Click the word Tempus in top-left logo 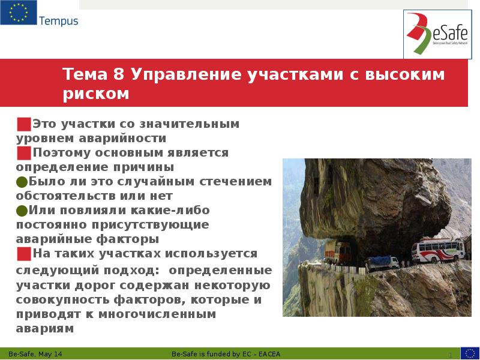coord(58,21)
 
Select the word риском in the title coord(95,94)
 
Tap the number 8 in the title coord(118,74)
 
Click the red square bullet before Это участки coord(23,124)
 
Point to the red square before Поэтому coord(23,153)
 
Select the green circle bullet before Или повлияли coord(22,211)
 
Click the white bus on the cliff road coord(437,251)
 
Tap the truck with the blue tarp coord(382,262)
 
